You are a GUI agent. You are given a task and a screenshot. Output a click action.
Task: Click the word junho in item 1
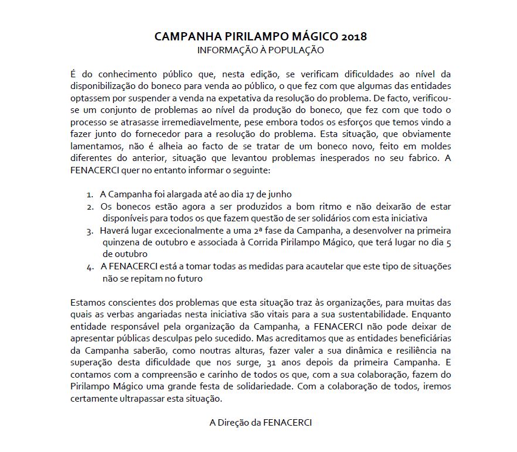click(x=278, y=194)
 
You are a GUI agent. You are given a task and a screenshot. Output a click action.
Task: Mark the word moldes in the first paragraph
click(x=438, y=146)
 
